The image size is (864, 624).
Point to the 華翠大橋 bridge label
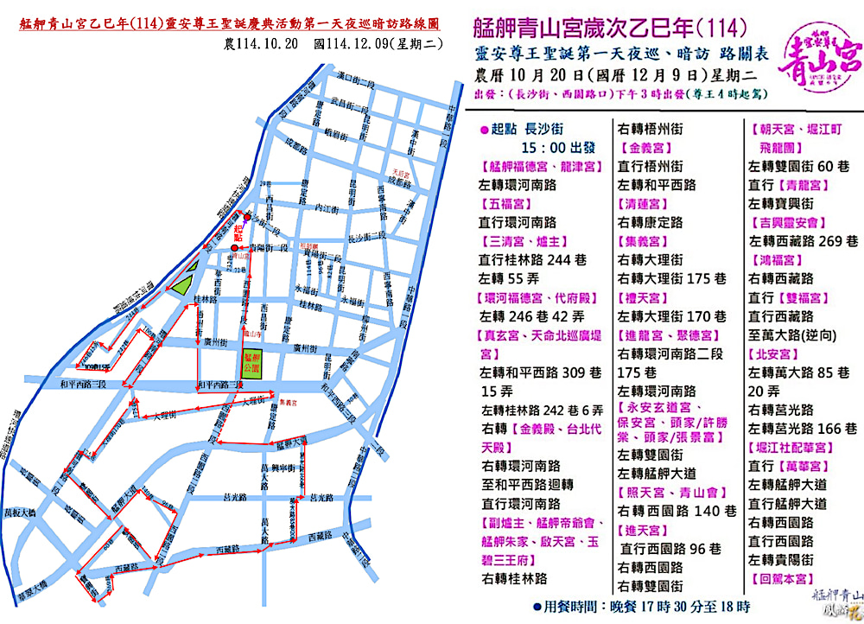pos(26,595)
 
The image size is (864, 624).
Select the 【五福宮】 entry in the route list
pos(509,204)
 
